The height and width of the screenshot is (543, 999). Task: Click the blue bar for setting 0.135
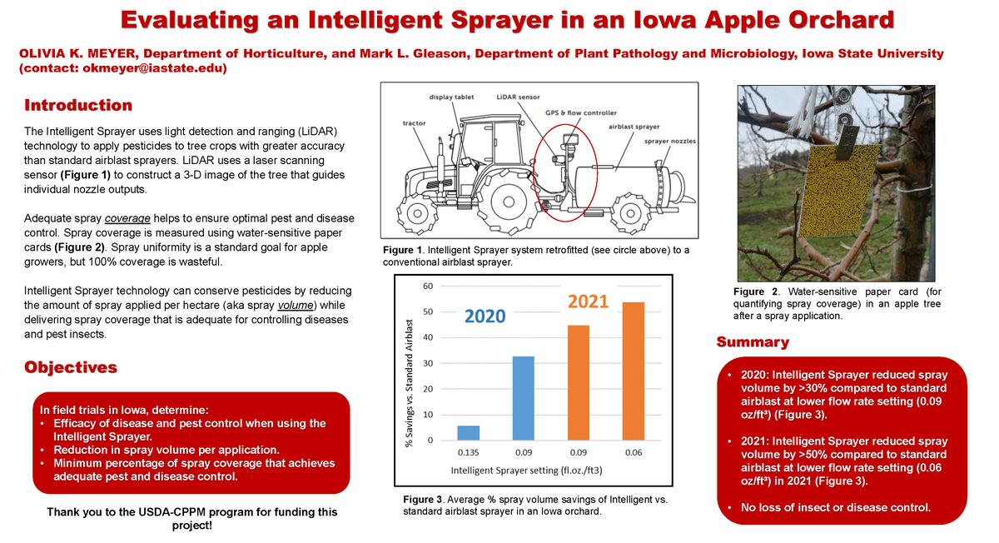pyautogui.click(x=470, y=432)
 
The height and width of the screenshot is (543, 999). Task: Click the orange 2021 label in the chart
pyautogui.click(x=588, y=301)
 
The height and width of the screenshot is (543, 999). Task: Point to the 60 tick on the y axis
pyautogui.click(x=428, y=286)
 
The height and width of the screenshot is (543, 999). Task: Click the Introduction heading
pyautogui.click(x=78, y=106)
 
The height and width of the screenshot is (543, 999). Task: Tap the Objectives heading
pyautogui.click(x=71, y=367)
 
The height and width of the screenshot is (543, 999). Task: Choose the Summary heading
pyautogui.click(x=753, y=342)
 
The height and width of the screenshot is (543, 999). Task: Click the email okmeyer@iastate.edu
pyautogui.click(x=154, y=68)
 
